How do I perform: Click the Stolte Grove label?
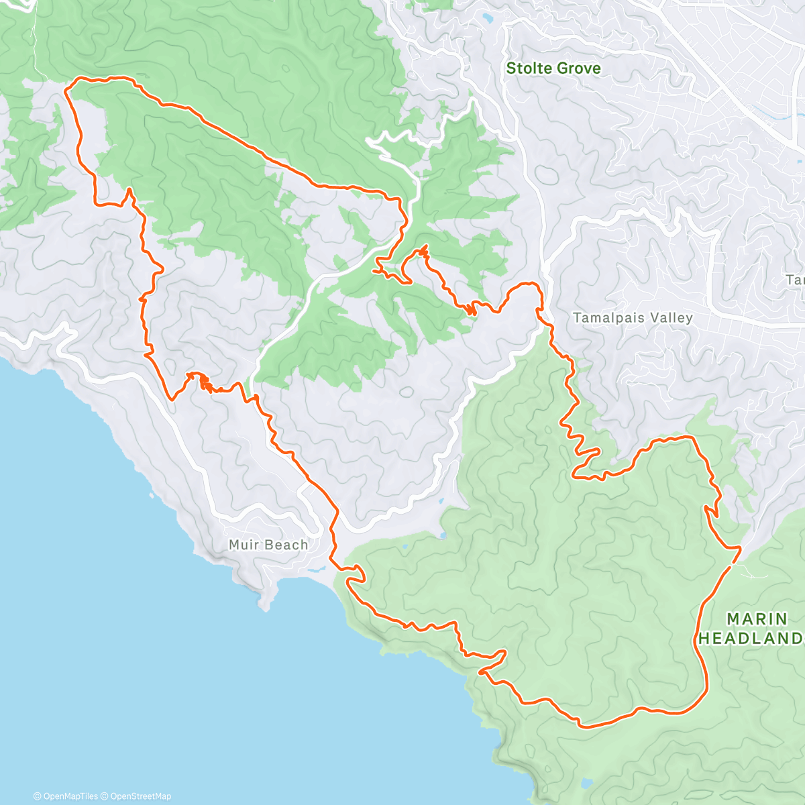(x=553, y=68)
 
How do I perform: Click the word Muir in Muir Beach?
(x=243, y=545)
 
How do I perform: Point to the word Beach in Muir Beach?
(x=286, y=545)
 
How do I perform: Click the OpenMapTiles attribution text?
(x=70, y=796)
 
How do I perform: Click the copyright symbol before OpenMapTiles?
(x=38, y=796)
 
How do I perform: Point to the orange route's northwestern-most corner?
(x=66, y=88)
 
